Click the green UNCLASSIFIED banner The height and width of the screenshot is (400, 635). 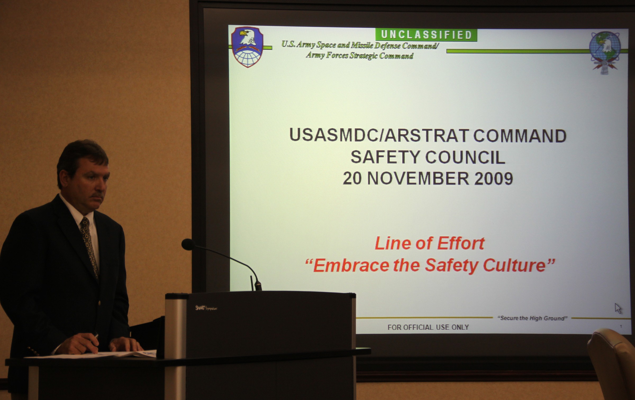(426, 35)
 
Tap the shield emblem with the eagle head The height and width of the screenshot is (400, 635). (247, 47)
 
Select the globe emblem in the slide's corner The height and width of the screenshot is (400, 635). (605, 52)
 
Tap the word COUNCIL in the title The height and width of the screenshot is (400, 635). (465, 157)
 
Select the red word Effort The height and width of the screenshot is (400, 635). (461, 243)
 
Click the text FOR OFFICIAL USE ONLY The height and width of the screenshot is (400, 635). (428, 327)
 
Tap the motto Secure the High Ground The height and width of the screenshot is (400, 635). (532, 318)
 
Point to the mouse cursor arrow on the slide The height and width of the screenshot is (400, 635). (618, 308)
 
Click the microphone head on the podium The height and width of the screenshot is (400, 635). (188, 245)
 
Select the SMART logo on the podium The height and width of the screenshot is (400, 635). (206, 308)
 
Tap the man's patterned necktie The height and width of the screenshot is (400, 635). (90, 246)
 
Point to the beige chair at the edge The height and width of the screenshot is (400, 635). (611, 364)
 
